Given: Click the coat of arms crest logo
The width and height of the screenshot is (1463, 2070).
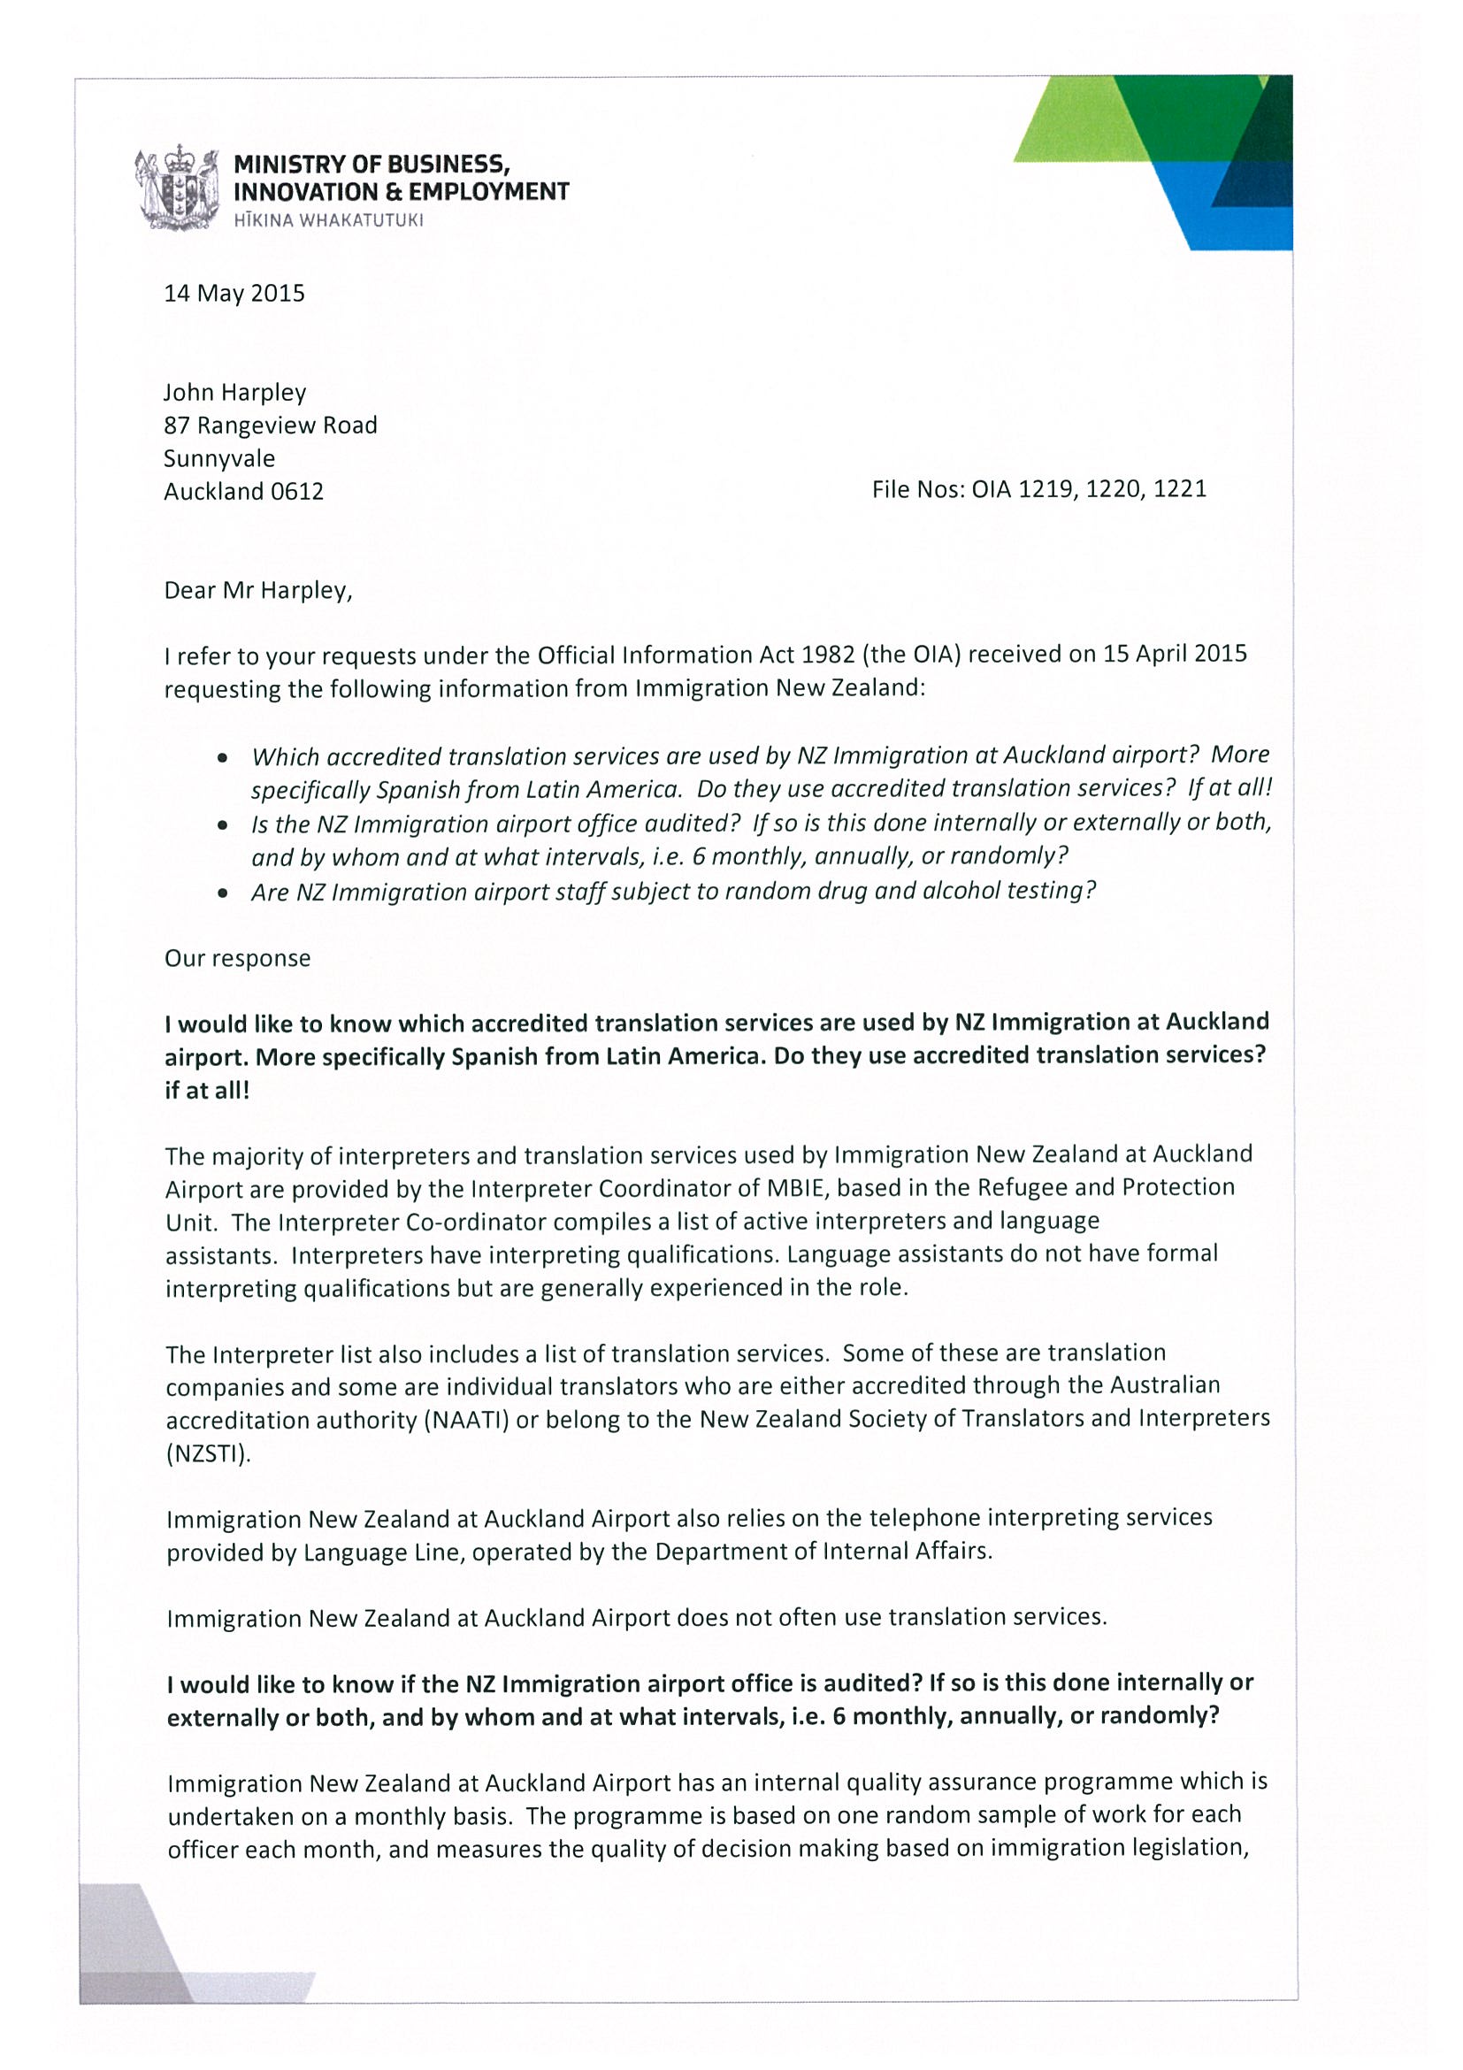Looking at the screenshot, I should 178,189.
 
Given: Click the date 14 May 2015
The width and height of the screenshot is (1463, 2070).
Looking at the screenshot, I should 234,294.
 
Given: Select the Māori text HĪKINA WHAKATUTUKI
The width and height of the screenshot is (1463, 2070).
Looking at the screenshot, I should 328,221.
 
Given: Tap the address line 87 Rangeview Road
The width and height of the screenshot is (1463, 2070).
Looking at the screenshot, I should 271,425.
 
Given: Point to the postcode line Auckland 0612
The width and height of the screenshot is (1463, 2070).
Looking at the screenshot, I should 243,491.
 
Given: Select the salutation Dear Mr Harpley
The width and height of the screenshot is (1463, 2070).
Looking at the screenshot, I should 257,591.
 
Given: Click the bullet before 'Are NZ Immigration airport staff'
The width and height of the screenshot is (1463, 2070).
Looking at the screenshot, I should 222,893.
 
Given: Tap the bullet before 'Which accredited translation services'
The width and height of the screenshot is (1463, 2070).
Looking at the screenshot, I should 222,758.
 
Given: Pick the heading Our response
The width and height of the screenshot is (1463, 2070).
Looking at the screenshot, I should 237,958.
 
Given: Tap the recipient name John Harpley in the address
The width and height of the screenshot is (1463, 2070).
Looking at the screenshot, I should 234,393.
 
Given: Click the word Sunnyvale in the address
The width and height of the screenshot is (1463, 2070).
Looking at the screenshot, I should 219,459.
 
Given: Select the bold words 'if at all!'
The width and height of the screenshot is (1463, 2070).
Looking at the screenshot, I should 206,1091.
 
